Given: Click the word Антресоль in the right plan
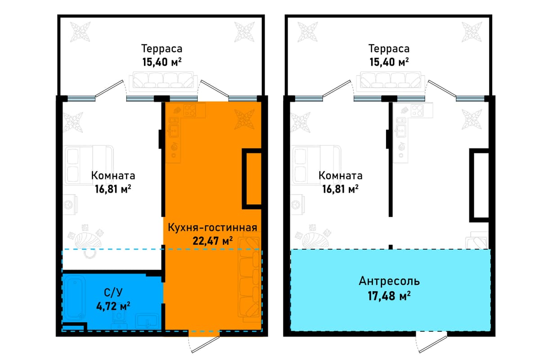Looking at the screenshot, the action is tap(389, 281).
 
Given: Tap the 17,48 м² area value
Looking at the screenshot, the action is tap(389, 296).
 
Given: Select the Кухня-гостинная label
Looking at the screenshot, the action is tap(212, 227).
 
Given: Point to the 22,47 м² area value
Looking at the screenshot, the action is tap(212, 241).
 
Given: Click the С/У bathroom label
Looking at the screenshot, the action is tap(113, 292).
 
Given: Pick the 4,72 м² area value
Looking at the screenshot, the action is tap(113, 306).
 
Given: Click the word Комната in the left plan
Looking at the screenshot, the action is tap(113, 175).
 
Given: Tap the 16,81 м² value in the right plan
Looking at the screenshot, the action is tap(340, 189).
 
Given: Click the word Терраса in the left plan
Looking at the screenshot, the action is tap(162, 49).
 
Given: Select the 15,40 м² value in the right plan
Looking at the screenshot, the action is tap(389, 62).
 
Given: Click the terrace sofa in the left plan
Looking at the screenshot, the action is tap(163, 82).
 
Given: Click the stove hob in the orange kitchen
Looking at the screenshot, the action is tap(189, 110).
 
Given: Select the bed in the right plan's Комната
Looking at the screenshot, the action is tap(316, 165).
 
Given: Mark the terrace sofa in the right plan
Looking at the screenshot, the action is tap(390, 82).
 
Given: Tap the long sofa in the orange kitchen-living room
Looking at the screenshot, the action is tap(250, 280).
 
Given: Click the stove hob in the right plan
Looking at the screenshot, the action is tap(417, 110).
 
